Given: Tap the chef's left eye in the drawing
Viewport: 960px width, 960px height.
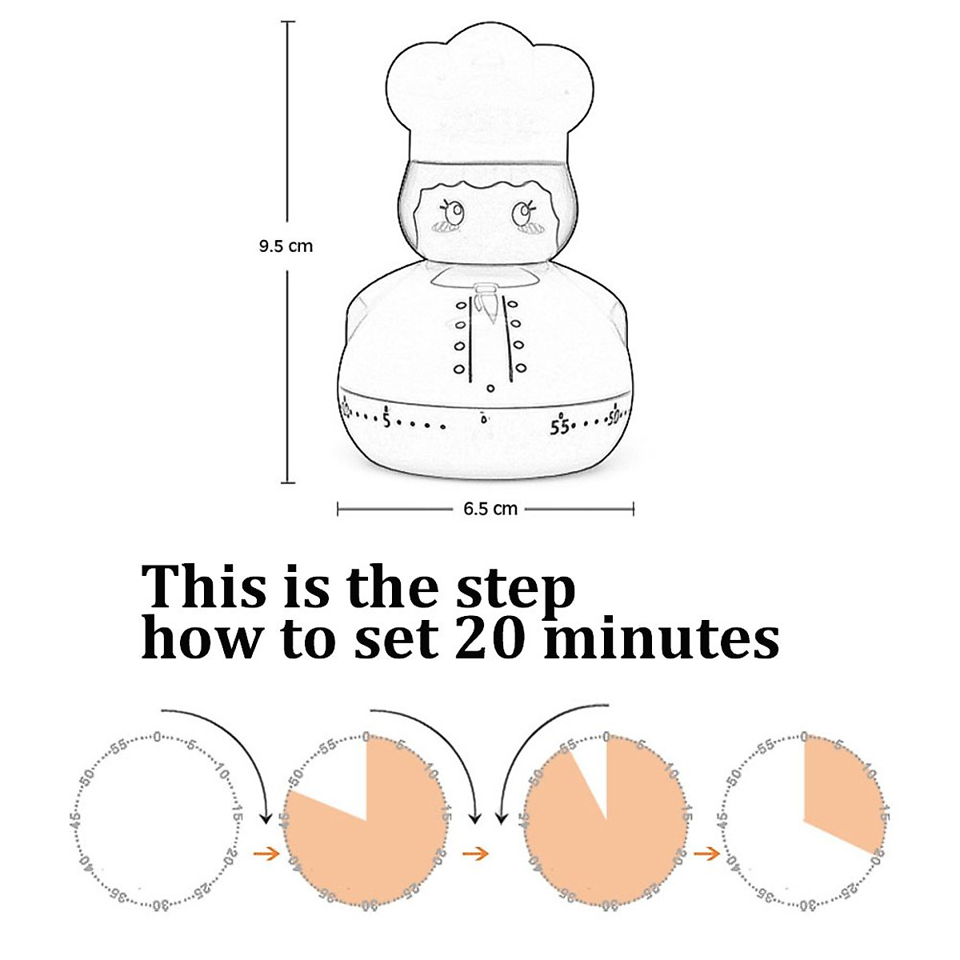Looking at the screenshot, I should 454,213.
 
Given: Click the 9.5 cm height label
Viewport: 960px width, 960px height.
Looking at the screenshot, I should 286,246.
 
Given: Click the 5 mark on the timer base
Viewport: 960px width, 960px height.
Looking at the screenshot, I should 386,419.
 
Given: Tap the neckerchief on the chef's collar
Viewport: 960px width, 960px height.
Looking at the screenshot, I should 486,300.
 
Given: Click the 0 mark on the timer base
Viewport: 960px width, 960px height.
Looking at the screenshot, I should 482,418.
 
